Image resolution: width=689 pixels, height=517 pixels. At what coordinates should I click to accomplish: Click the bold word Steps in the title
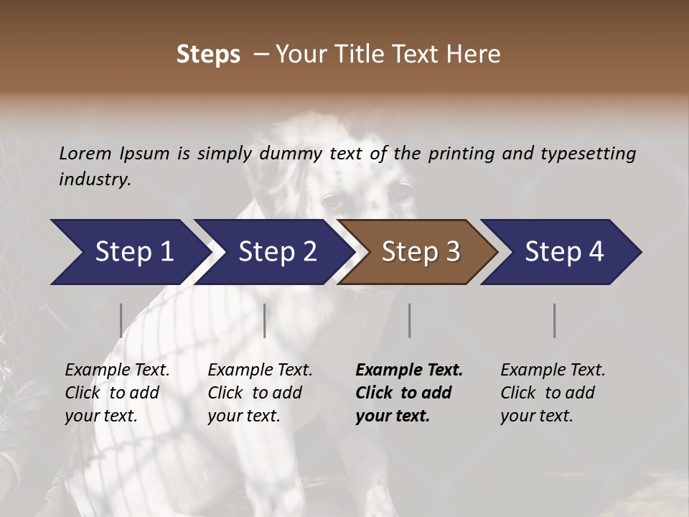[208, 54]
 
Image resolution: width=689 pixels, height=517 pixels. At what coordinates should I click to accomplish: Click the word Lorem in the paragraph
[85, 153]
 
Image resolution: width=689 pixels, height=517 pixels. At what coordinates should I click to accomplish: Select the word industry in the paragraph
[95, 179]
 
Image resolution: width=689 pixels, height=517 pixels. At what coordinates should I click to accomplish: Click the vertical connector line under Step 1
[121, 320]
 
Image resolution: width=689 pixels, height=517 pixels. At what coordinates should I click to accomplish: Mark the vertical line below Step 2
[265, 320]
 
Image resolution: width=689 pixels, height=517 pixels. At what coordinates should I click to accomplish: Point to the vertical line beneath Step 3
[410, 320]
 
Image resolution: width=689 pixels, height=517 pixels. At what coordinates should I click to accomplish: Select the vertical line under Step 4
[555, 320]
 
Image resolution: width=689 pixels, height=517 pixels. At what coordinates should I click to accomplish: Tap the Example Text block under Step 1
[117, 393]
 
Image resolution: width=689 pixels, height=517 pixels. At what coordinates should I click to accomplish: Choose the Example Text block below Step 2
[260, 393]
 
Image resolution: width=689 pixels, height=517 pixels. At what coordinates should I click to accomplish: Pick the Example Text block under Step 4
[553, 393]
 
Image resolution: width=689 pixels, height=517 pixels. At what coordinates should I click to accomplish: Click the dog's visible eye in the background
[331, 201]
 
